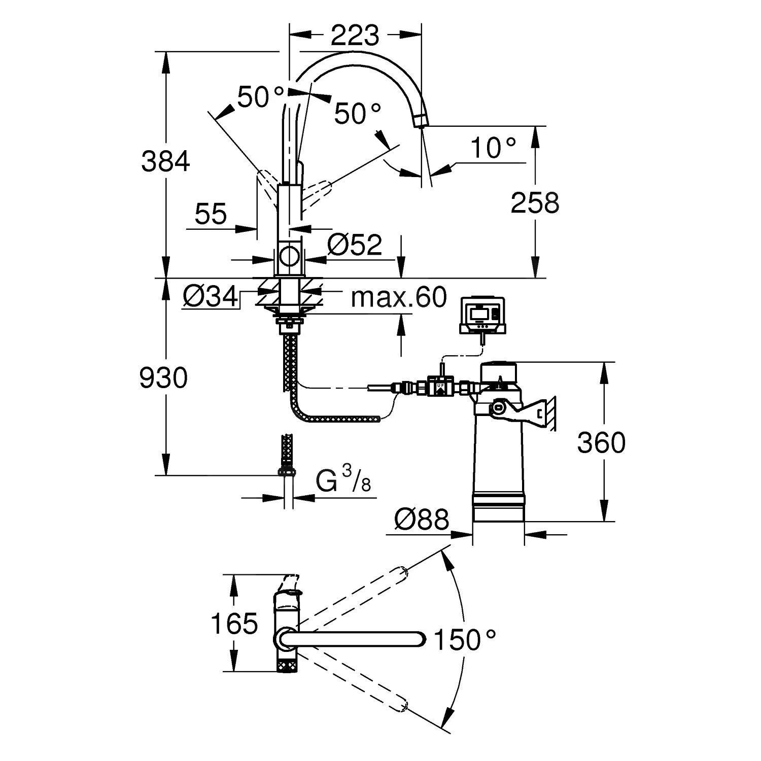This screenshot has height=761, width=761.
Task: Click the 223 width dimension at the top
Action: click(355, 35)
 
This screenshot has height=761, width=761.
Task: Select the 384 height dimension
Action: click(165, 161)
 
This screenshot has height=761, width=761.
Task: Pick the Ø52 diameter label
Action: click(355, 246)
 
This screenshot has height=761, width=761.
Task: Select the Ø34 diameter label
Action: click(211, 297)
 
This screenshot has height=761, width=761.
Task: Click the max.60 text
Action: click(399, 297)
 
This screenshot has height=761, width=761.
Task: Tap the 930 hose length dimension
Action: click(163, 377)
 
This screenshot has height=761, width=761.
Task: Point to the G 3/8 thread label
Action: click(343, 480)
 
